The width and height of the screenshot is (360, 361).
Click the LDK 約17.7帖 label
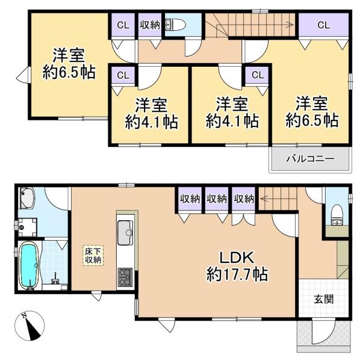(237, 266)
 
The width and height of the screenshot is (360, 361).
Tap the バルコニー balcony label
(310, 159)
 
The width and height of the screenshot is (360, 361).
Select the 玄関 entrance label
(324, 299)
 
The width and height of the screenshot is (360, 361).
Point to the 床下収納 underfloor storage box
(93, 256)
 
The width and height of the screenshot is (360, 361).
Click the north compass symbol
(29, 326)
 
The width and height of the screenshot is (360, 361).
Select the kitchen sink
(125, 232)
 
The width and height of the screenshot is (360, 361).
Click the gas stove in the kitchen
(125, 277)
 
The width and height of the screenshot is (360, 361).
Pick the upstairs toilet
(176, 24)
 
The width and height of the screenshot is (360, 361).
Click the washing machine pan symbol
(28, 227)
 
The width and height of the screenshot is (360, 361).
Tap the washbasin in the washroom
(27, 198)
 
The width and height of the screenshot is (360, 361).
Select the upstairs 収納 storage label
(150, 25)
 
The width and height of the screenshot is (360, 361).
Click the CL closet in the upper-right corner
(324, 25)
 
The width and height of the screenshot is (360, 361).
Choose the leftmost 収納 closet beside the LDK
(190, 199)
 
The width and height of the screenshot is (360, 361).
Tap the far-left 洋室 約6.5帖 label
(69, 64)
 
